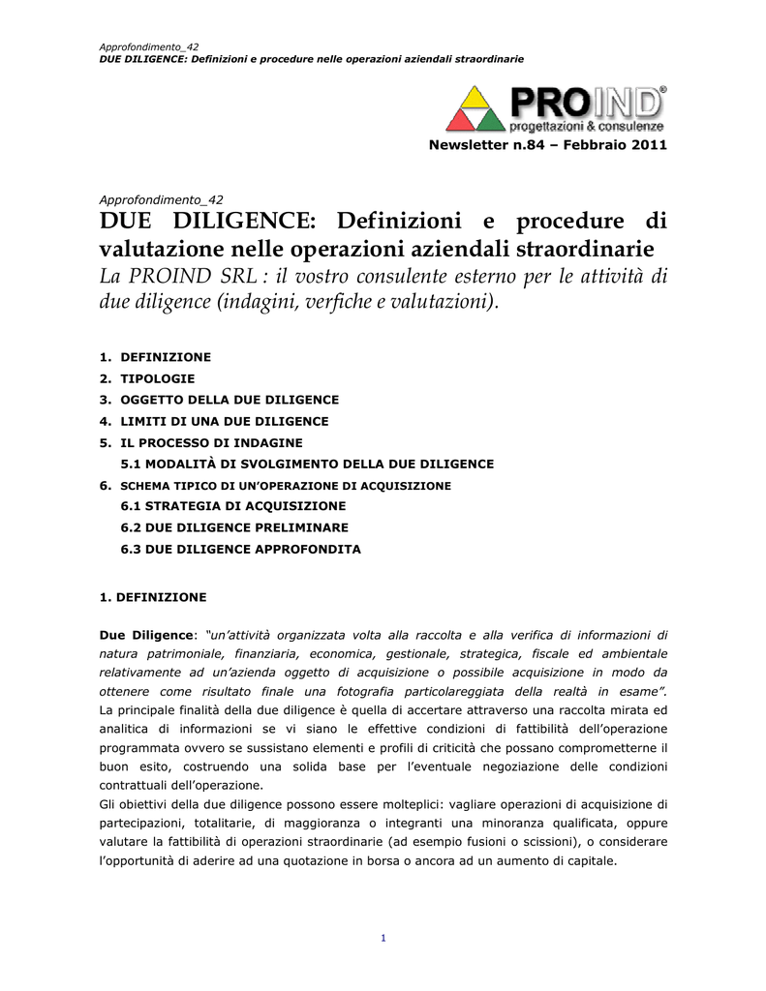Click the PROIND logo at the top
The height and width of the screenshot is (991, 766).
pos(556,107)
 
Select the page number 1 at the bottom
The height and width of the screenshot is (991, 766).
pos(383,938)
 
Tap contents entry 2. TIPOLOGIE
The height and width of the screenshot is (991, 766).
pos(147,378)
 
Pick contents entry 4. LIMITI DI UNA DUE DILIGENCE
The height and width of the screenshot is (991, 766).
pos(214,421)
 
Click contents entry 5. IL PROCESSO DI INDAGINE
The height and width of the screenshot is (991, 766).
pos(201,442)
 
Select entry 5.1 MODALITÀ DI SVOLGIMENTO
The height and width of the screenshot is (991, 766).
pos(307,464)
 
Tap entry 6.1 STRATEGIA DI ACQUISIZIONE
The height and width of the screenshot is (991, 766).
pos(232,506)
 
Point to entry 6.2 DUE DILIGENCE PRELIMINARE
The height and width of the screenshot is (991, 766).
pos(234,527)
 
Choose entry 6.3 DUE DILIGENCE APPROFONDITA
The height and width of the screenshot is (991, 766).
pos(240,549)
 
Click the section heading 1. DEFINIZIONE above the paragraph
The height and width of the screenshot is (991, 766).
pos(153,597)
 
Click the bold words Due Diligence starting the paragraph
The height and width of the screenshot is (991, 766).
pos(146,635)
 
